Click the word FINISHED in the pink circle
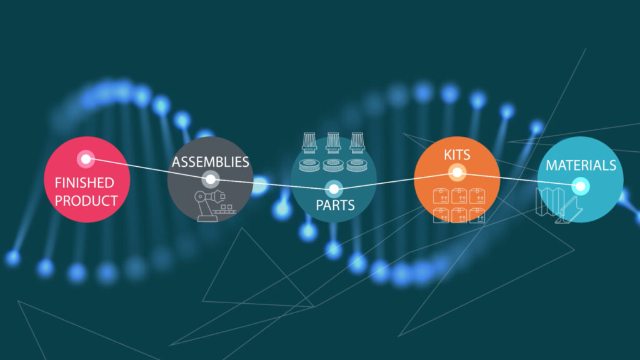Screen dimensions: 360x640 point(84,183)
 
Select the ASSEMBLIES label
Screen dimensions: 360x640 point(211,162)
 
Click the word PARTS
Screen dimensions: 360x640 point(335,204)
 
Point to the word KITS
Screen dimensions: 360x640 point(457,153)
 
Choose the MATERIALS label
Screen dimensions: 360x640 point(581,166)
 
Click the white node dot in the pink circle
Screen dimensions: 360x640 point(85,159)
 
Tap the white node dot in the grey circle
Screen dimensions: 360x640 point(211,180)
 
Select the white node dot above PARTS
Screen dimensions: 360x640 point(334,187)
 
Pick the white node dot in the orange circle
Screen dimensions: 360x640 point(457,172)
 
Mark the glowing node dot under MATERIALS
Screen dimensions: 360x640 point(581,186)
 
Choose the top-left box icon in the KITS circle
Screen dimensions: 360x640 point(441,196)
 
